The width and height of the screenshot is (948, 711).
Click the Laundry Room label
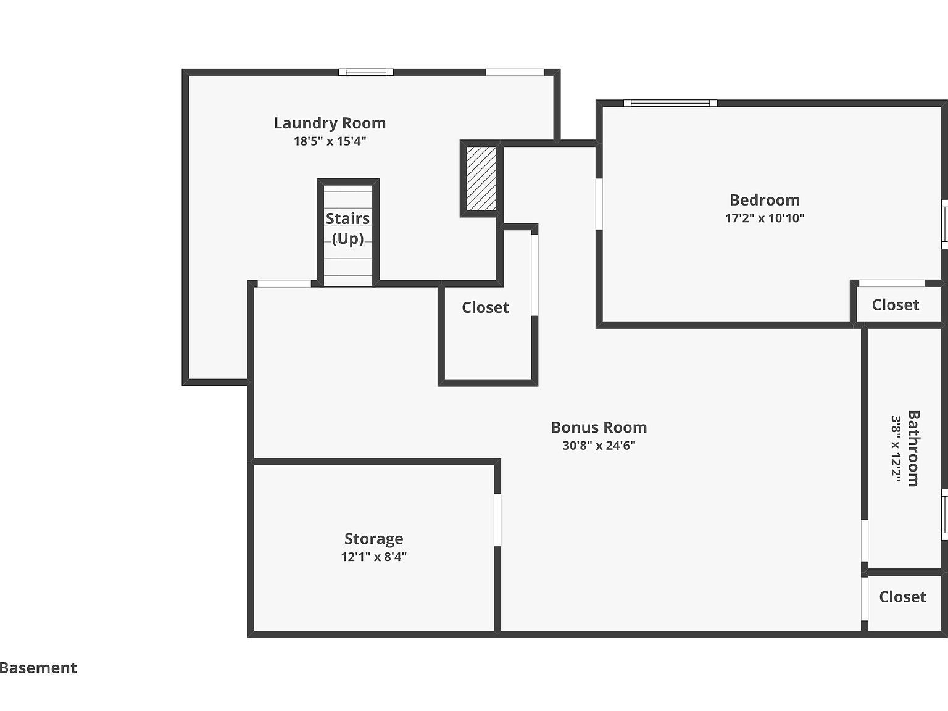point(330,123)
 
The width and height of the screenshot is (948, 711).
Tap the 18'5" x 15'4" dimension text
point(330,141)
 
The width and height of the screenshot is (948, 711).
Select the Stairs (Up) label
point(347,228)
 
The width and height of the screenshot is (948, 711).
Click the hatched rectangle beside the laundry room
point(481,178)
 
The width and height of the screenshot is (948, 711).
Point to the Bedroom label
point(764,200)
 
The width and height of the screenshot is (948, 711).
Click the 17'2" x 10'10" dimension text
point(764,218)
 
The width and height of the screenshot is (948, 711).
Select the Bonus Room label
point(599,427)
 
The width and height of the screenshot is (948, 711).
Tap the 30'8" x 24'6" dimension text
point(599,446)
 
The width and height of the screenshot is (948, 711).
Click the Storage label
point(373,539)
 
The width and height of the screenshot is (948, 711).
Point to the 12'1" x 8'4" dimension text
point(373,557)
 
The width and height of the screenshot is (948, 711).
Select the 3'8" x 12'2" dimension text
point(896,448)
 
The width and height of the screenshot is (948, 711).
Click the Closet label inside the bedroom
point(895,305)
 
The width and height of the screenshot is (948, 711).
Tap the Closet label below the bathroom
point(902,597)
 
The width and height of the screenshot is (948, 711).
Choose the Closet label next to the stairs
point(485,307)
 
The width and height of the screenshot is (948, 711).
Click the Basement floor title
point(38,668)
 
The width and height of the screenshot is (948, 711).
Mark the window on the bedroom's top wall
point(670,103)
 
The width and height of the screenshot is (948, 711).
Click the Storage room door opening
point(497,520)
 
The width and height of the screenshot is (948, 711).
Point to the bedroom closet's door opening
point(892,283)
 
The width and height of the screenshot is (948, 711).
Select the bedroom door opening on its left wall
point(599,204)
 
